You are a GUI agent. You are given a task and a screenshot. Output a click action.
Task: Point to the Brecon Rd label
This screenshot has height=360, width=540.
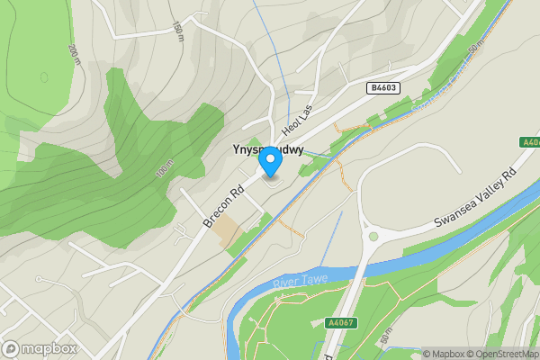pyautogui.click(x=226, y=205)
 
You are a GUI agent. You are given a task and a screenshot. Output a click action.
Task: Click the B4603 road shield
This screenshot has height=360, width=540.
pyautogui.click(x=383, y=87)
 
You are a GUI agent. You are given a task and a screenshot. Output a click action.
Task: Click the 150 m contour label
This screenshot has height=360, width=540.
pyautogui.click(x=178, y=31)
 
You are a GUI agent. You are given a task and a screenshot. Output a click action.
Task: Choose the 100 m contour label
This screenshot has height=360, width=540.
pyautogui.click(x=163, y=168)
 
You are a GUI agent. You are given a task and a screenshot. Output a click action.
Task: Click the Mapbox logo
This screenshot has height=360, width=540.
pyautogui.click(x=39, y=347)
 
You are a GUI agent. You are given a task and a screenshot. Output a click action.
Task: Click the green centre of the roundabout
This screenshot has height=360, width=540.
pyautogui.click(x=373, y=237)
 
